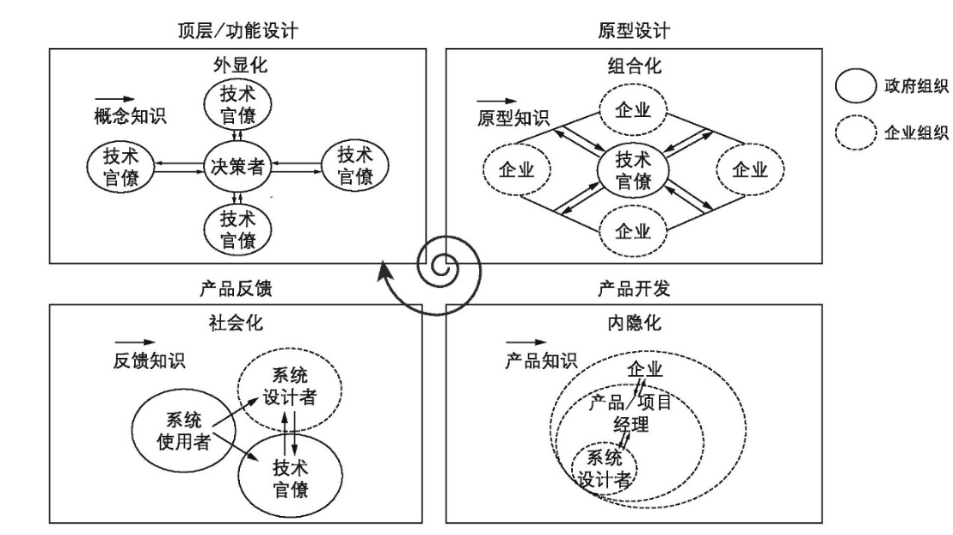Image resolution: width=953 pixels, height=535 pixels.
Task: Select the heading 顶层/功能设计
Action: [x=237, y=32]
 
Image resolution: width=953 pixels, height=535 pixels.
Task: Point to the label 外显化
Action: [x=237, y=66]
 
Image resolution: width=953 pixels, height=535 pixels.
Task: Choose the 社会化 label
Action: [x=237, y=324]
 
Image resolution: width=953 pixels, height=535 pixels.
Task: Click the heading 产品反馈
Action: [x=237, y=289]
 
